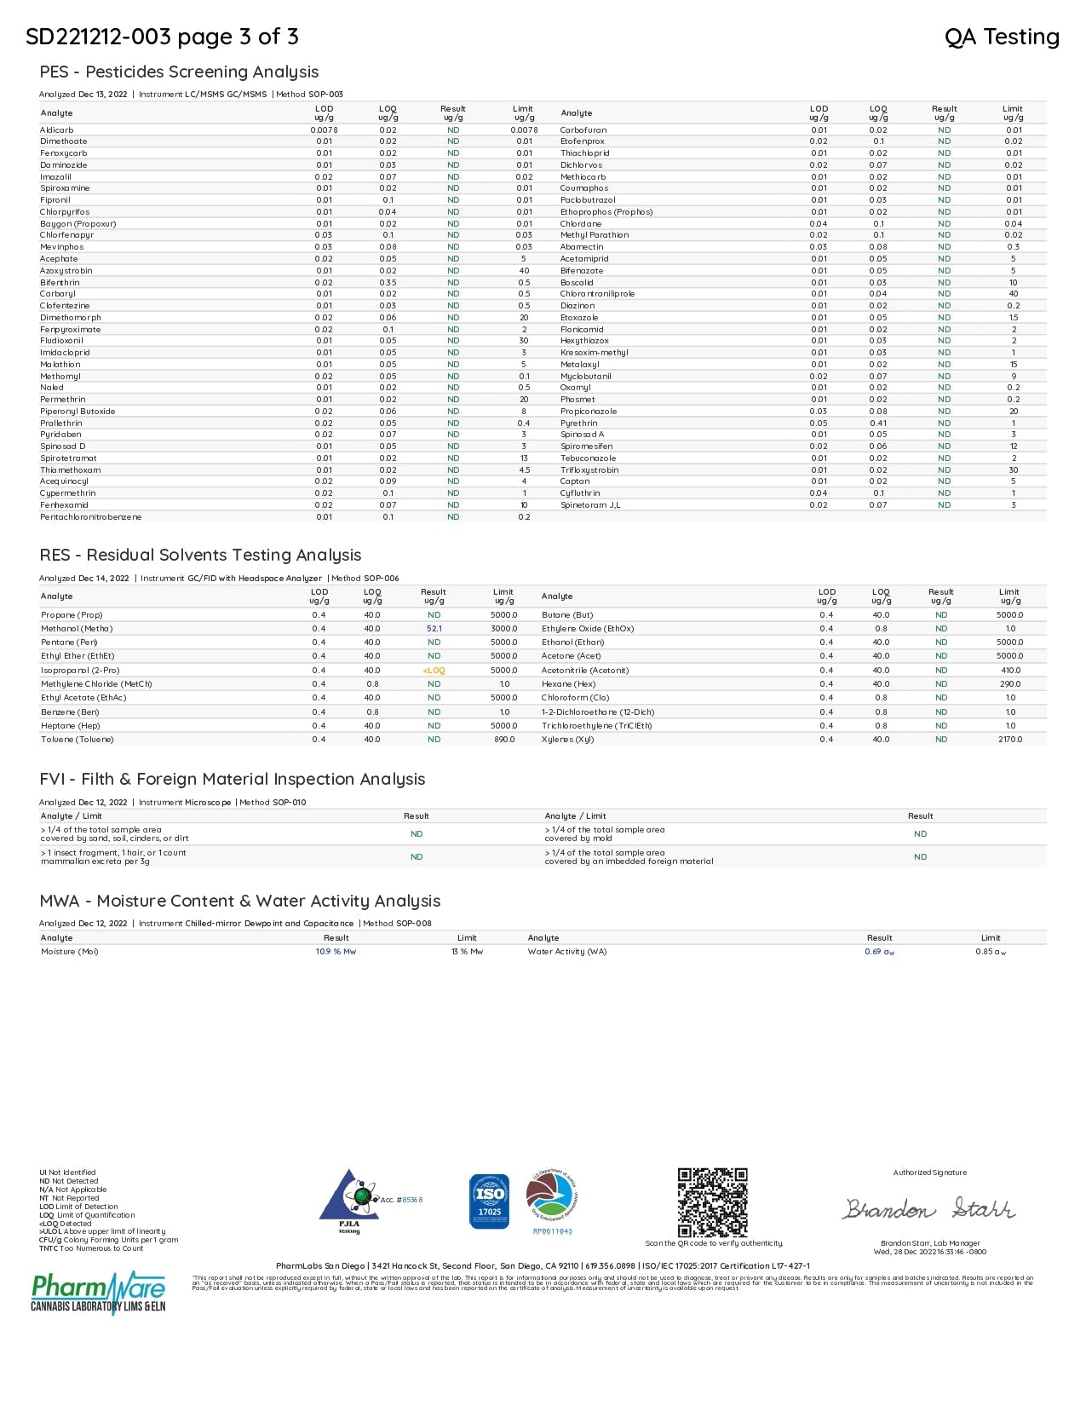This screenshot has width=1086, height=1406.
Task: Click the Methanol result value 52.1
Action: [x=434, y=629]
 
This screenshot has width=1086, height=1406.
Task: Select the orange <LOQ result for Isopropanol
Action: [x=434, y=671]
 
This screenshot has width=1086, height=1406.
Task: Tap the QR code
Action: [x=712, y=1202]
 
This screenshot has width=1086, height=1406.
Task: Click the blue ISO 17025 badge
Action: [x=489, y=1201]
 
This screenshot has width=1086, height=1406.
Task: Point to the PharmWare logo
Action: [x=98, y=1293]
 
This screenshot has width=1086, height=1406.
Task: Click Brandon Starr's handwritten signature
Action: [x=928, y=1209]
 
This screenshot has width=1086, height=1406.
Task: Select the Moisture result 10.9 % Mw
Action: [x=336, y=952]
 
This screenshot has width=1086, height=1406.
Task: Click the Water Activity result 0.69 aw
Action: [x=879, y=952]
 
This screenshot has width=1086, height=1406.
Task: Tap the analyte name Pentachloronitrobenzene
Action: [x=91, y=517]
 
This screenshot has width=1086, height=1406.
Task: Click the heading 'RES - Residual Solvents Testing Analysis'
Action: [x=200, y=556]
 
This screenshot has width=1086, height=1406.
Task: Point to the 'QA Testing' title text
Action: [x=1002, y=37]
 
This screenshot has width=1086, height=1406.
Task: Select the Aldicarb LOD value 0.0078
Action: [x=324, y=130]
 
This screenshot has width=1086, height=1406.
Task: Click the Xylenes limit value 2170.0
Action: [x=1010, y=740]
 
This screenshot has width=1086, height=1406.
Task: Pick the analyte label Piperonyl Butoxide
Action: [x=78, y=412]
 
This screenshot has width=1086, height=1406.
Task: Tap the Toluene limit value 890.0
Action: [x=504, y=740]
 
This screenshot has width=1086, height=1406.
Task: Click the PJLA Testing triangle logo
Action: [x=349, y=1200]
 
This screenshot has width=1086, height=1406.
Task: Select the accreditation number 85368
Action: [x=412, y=1200]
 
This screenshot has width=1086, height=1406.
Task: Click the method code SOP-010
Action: [x=289, y=803]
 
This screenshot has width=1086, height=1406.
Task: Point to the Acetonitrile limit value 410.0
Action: [x=1010, y=671]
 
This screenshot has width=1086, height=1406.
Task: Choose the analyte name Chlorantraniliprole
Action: [x=597, y=294]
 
